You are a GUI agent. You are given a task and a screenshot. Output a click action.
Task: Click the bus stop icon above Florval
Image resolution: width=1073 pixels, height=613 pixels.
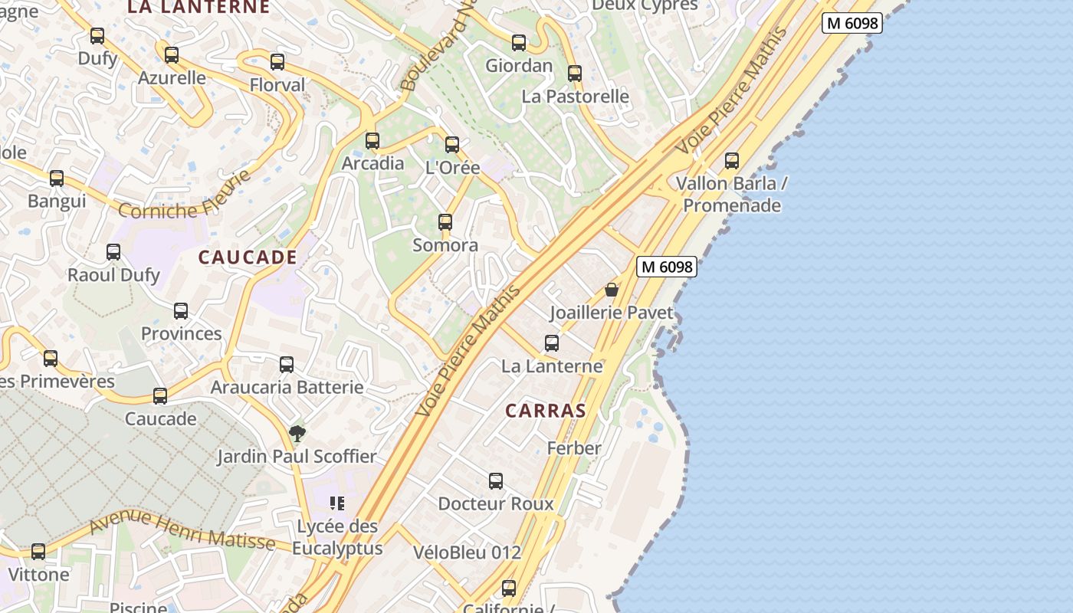pyautogui.click(x=277, y=62)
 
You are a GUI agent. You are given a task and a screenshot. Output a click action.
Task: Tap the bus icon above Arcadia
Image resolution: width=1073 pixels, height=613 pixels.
pyautogui.click(x=372, y=141)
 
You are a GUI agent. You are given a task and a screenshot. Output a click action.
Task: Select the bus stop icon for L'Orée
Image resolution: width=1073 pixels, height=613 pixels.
pyautogui.click(x=452, y=145)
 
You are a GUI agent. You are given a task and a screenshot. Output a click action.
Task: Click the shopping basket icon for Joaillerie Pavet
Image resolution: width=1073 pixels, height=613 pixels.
pyautogui.click(x=612, y=290)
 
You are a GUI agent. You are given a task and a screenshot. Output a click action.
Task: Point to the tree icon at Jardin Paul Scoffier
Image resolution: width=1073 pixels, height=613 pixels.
pyautogui.click(x=297, y=434)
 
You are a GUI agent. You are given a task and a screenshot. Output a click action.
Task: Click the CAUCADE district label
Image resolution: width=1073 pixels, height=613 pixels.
pyautogui.click(x=248, y=257)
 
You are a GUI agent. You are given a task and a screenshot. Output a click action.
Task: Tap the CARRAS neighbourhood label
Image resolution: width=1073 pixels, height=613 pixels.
pyautogui.click(x=546, y=411)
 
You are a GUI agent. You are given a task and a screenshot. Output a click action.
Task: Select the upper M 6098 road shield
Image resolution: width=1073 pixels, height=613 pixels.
pyautogui.click(x=852, y=23)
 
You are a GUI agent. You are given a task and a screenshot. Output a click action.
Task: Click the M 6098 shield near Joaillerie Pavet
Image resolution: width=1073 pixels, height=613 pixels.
pyautogui.click(x=667, y=267)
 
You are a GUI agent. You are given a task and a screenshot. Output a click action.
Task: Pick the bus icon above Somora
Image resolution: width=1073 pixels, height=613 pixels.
pyautogui.click(x=445, y=222)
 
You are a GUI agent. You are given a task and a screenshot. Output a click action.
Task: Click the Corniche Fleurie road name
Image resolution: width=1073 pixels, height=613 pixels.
pyautogui.click(x=185, y=197)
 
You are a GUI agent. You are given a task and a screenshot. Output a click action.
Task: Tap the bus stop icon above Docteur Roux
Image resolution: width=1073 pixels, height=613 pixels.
pyautogui.click(x=496, y=481)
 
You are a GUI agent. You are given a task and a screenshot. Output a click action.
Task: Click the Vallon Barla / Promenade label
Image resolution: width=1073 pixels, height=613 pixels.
pyautogui.click(x=732, y=195)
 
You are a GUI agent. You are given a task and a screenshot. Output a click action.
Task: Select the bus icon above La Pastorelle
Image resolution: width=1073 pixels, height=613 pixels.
pyautogui.click(x=575, y=74)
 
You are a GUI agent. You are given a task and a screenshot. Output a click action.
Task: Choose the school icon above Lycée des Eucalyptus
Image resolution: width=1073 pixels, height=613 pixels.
pyautogui.click(x=337, y=503)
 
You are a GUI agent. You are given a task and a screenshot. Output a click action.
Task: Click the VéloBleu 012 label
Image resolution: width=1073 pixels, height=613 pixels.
pyautogui.click(x=467, y=552)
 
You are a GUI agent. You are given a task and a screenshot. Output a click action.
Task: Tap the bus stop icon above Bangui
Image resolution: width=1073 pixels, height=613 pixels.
pyautogui.click(x=57, y=179)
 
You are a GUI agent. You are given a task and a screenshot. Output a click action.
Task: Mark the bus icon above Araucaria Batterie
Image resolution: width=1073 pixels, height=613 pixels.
pyautogui.click(x=287, y=365)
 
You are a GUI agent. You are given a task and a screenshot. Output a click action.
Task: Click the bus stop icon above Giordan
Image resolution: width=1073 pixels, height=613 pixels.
pyautogui.click(x=519, y=43)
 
